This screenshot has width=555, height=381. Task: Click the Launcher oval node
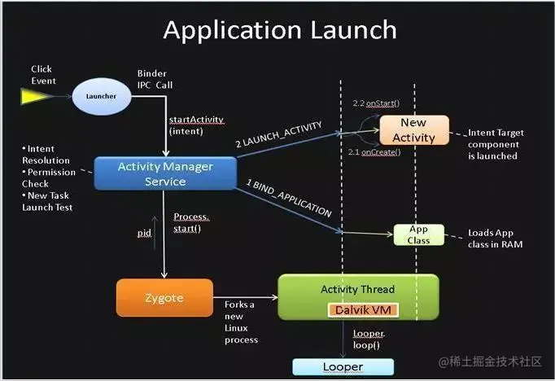(101, 97)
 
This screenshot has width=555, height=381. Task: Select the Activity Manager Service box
(165, 173)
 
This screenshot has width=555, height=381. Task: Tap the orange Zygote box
(164, 299)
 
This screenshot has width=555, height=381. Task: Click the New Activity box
(413, 130)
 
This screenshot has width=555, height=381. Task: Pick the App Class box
(418, 234)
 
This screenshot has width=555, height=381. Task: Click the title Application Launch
(279, 30)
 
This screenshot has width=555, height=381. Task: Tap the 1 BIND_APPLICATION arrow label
(290, 199)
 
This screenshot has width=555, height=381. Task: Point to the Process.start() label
(192, 222)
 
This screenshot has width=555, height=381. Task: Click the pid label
(143, 234)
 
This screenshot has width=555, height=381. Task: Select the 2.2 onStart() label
(374, 104)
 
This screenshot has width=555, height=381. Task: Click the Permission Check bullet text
(50, 178)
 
